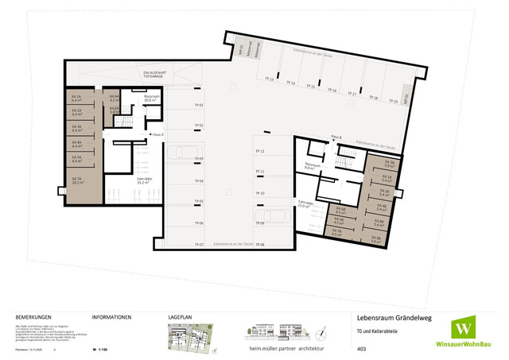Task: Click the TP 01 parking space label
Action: click(x=200, y=105)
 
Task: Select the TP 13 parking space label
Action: click(x=270, y=79)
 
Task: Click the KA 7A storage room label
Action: click(x=77, y=181)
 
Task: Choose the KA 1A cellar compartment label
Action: click(x=77, y=100)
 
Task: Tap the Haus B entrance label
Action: click(x=336, y=137)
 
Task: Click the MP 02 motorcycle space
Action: click(x=406, y=99)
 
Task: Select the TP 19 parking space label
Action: click(x=394, y=102)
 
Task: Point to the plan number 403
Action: click(x=362, y=349)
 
